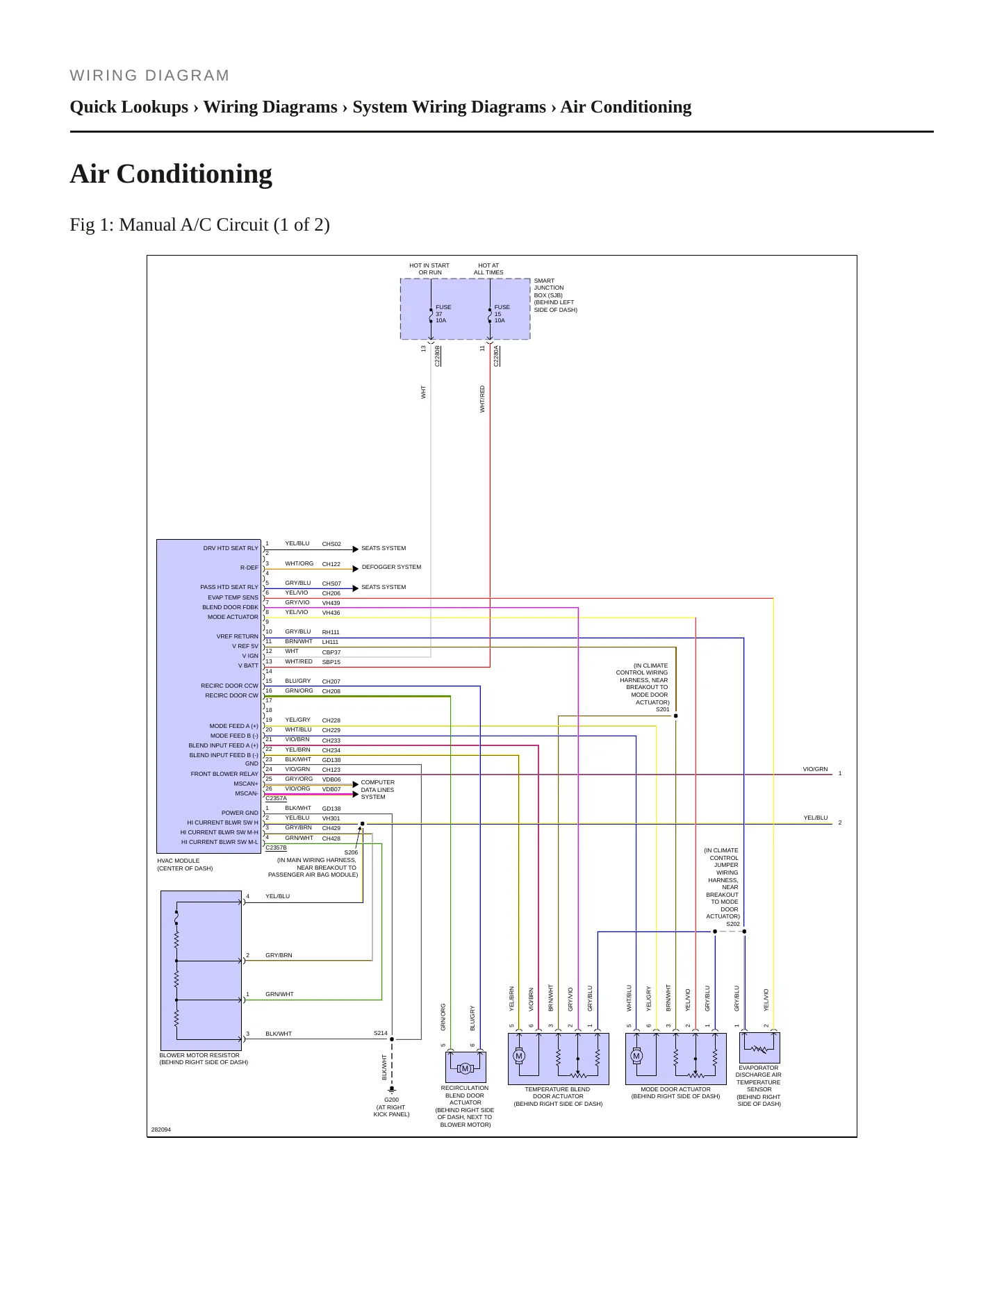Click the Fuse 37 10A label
point(443,314)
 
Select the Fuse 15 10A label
point(502,314)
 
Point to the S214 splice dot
point(392,1039)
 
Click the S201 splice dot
point(676,716)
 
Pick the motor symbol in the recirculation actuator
point(466,1068)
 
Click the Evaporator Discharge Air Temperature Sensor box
point(759,1048)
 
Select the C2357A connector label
point(276,798)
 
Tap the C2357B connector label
point(276,847)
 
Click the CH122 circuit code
point(331,565)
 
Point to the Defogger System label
point(391,567)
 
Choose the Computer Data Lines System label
point(377,790)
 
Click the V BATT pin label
point(248,665)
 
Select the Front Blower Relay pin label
point(224,774)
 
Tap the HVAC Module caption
point(185,864)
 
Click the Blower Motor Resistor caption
point(204,1059)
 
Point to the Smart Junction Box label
point(555,295)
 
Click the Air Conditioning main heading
point(171,174)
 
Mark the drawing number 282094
point(161,1130)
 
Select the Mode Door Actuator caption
point(675,1093)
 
